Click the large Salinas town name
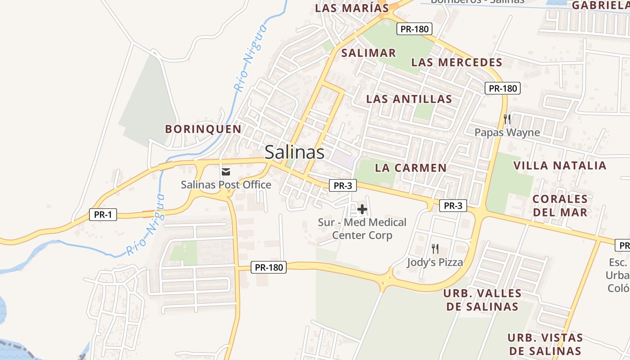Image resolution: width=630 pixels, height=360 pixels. pos(294,152)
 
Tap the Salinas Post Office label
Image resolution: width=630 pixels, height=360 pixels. pos(226,184)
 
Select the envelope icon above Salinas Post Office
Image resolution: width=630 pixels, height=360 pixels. pos(226,171)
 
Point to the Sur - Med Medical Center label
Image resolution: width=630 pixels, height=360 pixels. pos(362,229)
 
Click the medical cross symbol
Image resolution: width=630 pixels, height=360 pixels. pos(362,209)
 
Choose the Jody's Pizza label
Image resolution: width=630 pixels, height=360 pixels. pos(435,262)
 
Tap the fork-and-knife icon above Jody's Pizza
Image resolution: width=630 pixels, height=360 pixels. pos(435,248)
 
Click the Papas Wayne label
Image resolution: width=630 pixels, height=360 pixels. pos(507,132)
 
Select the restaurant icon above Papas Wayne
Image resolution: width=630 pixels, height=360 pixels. pos(507,119)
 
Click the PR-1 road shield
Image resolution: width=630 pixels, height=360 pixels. pos(103,215)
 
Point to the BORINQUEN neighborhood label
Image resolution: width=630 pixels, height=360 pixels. pos(203,129)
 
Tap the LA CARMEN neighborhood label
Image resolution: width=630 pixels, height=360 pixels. pos(411,168)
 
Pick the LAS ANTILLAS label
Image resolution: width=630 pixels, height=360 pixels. pos(409,99)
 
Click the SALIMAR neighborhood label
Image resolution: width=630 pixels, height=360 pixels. pos(369,53)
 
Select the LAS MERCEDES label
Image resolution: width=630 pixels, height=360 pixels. pos(457,62)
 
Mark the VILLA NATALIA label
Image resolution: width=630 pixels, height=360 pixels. pos(560,165)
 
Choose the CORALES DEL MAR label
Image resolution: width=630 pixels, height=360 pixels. pos(560,205)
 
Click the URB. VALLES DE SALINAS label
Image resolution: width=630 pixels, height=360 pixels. pos(482,300)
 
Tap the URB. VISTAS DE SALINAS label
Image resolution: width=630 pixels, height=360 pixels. pos(545,344)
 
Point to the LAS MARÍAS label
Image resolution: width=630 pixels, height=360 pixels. pos(352,8)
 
